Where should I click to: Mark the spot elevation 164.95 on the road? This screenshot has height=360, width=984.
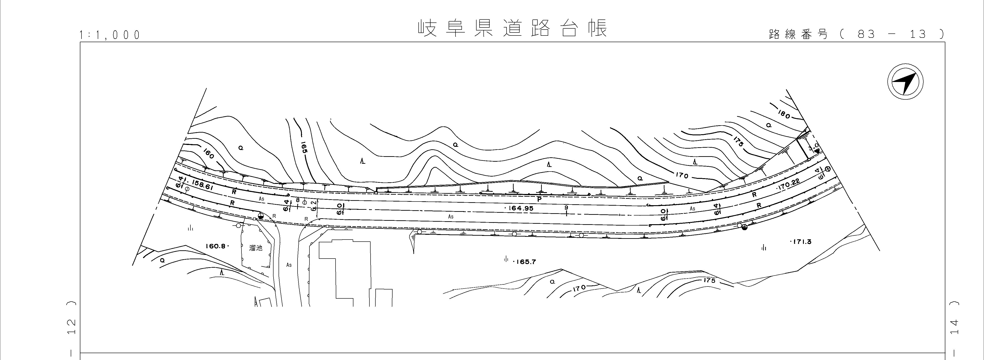(x=520, y=208)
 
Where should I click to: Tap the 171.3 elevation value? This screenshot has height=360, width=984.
(x=801, y=242)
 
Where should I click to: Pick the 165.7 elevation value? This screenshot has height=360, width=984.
(x=525, y=262)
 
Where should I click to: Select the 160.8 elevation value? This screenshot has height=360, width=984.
(x=216, y=246)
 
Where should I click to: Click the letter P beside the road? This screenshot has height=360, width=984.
(x=539, y=199)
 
